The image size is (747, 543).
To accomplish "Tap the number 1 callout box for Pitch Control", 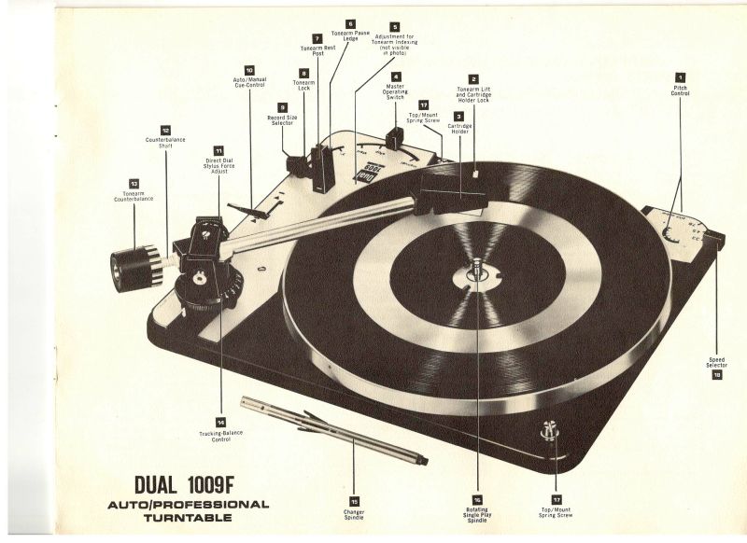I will click(x=680, y=77).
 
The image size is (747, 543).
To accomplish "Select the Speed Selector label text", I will click(x=716, y=362).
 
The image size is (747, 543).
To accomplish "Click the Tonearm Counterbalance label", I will click(x=133, y=197).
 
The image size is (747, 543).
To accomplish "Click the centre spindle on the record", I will click(x=475, y=270).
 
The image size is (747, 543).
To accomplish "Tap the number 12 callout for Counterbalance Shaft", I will click(x=165, y=130).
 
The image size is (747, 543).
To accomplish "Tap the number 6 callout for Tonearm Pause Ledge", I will click(x=350, y=21).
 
